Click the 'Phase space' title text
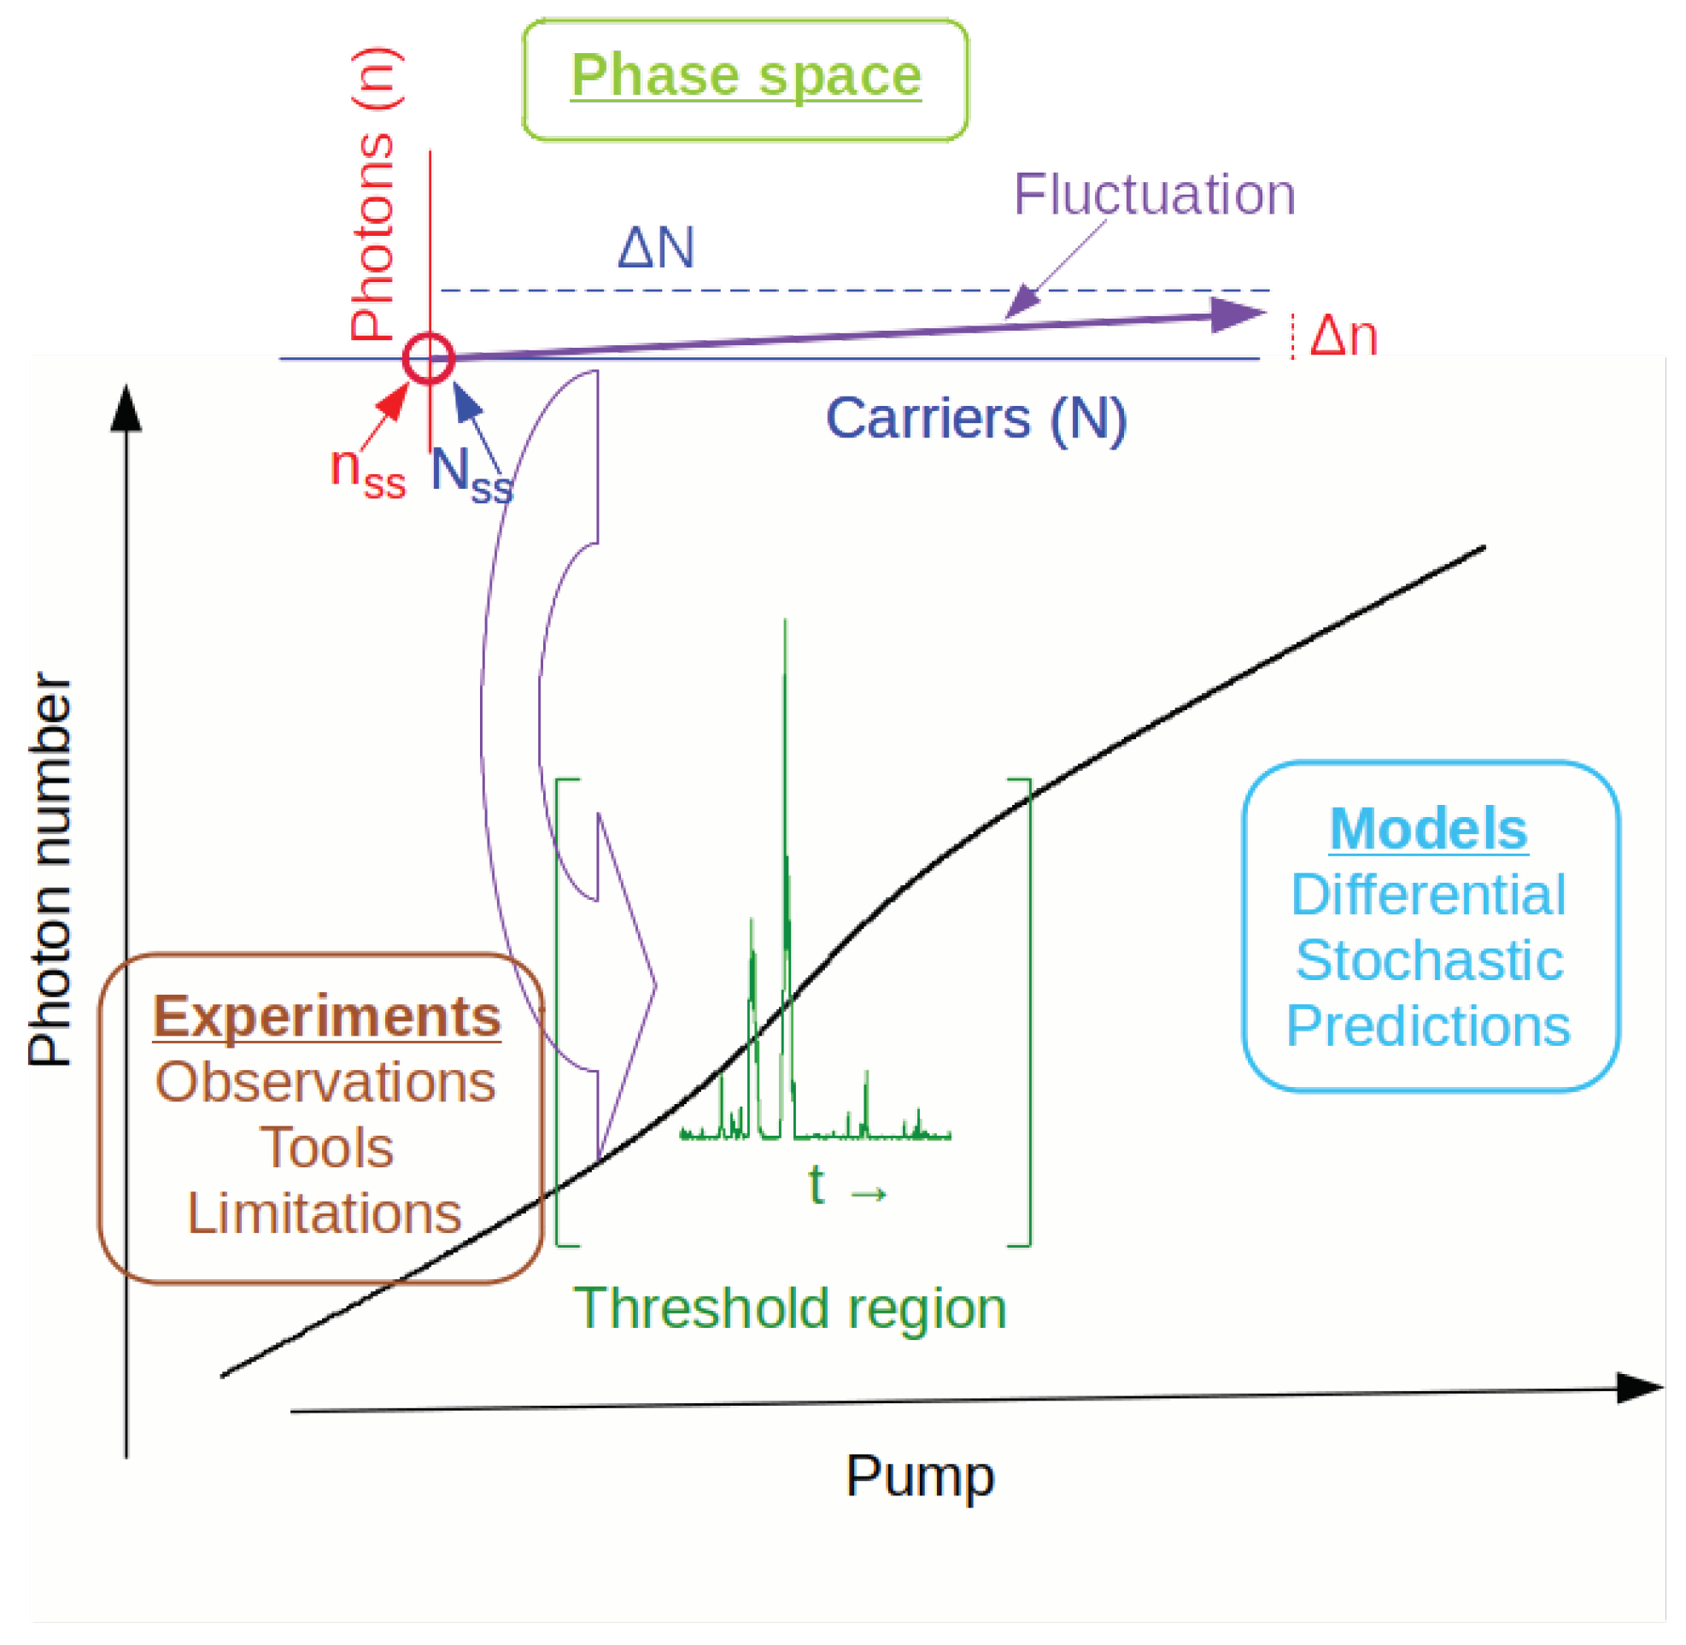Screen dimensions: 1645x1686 click(746, 76)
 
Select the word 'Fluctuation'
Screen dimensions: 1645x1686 click(1154, 194)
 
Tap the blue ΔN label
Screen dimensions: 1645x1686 click(656, 249)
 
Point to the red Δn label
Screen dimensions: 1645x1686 click(1343, 336)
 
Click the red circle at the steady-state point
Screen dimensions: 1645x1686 click(429, 358)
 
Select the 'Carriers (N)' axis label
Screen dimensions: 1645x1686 click(976, 419)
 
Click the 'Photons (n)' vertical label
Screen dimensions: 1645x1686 click(374, 194)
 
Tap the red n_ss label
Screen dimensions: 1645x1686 click(367, 472)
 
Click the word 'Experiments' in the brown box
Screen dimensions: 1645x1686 click(326, 1017)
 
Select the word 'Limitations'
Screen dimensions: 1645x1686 click(325, 1213)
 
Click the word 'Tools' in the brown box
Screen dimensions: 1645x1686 click(326, 1149)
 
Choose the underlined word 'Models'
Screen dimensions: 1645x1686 click(1429, 830)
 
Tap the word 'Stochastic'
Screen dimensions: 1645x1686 click(1430, 961)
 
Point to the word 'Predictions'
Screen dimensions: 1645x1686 click(1429, 1026)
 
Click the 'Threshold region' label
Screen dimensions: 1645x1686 click(789, 1308)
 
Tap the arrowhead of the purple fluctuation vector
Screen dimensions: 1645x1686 click(1238, 314)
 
